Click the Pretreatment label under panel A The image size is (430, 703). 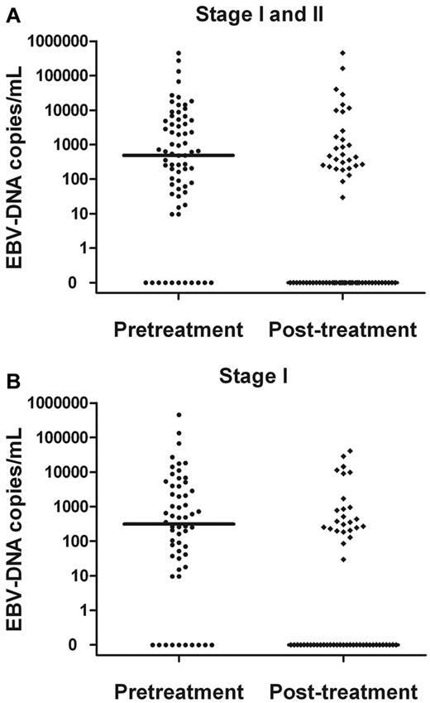click(x=179, y=330)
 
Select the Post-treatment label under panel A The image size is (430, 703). click(x=342, y=330)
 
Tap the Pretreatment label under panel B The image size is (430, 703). click(x=179, y=691)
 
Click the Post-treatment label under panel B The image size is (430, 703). click(x=342, y=691)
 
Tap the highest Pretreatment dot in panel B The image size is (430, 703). click(x=179, y=415)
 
